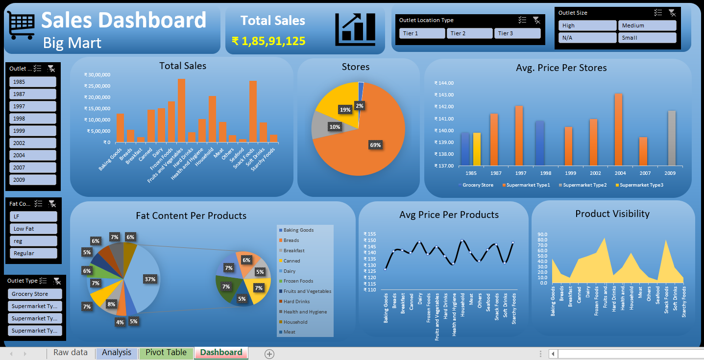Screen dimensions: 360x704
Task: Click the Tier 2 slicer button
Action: pos(469,33)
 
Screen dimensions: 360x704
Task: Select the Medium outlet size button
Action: pos(647,25)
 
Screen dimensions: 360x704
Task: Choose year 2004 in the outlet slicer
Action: pos(32,155)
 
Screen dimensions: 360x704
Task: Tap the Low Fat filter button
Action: pos(33,229)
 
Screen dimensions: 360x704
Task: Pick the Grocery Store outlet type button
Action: pos(35,294)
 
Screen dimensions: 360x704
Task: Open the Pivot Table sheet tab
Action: pos(166,353)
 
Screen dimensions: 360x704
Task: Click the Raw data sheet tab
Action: pos(71,353)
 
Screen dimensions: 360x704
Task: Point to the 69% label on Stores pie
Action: pos(375,145)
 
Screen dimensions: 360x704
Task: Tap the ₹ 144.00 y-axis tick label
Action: pos(444,83)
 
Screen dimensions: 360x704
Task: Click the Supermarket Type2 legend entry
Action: pos(583,185)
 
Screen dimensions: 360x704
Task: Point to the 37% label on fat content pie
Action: pos(150,279)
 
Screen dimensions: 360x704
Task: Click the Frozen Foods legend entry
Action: pos(298,281)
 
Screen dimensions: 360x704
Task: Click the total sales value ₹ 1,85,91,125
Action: pos(268,41)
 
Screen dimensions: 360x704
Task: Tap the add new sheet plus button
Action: pos(269,354)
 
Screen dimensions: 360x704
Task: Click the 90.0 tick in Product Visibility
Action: pos(542,234)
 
